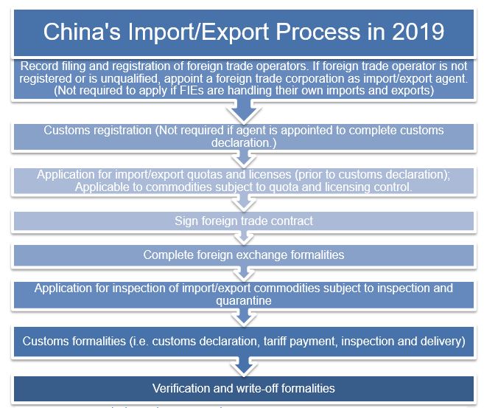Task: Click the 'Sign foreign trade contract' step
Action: point(243,221)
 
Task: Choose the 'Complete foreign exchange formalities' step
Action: point(243,255)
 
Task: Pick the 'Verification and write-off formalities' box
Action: point(243,388)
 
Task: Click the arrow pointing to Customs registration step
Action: point(243,111)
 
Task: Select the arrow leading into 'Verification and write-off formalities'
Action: point(243,367)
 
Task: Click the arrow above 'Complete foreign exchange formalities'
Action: point(243,238)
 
